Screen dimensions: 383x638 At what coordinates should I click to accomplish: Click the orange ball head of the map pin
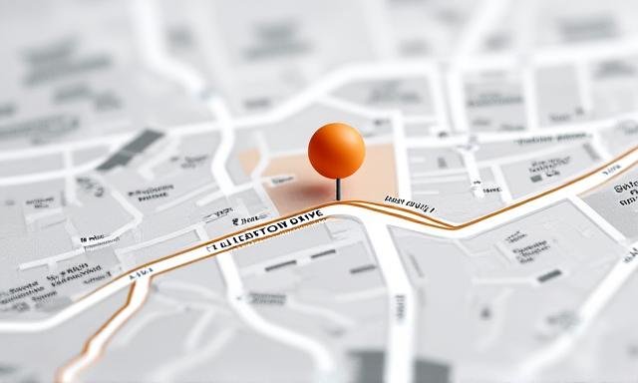coord(336,150)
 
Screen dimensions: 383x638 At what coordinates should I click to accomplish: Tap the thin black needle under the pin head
coord(339,188)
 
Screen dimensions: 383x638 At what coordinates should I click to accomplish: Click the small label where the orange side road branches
coord(139,270)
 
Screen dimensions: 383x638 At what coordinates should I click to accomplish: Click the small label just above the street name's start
coord(247,213)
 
